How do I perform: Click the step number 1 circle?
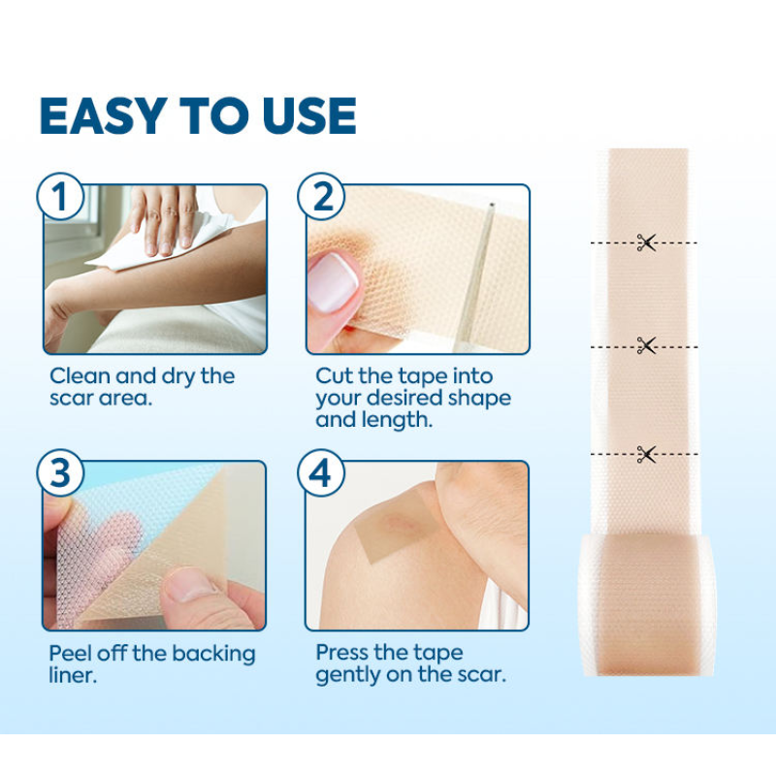(x=60, y=198)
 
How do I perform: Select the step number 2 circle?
(x=321, y=198)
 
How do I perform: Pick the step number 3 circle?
(x=60, y=474)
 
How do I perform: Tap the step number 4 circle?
(x=321, y=474)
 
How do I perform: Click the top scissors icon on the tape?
(x=647, y=242)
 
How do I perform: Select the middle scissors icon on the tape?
(x=647, y=344)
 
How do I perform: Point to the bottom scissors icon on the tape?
(x=647, y=453)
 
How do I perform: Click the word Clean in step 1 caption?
(x=80, y=376)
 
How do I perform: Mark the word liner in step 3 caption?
(x=73, y=675)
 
